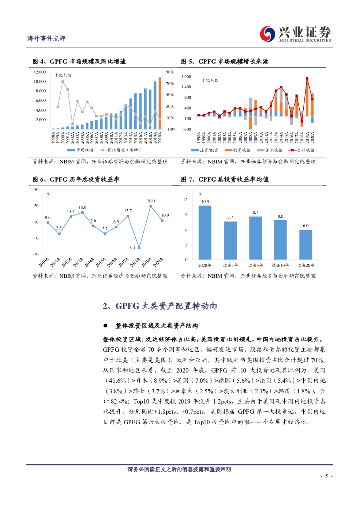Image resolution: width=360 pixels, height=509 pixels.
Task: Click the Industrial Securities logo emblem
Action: [270, 33]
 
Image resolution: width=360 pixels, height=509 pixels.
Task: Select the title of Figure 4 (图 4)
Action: [79, 61]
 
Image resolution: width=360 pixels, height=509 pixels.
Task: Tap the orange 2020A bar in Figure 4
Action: [160, 103]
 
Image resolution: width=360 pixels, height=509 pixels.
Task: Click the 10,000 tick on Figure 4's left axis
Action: [39, 82]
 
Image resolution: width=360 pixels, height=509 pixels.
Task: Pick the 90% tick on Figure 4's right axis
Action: [170, 72]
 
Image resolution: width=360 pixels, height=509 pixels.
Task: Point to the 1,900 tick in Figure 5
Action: [186, 77]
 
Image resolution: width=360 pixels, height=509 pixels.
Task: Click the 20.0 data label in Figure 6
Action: [151, 201]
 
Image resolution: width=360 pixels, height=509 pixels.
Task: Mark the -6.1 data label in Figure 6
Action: [132, 247]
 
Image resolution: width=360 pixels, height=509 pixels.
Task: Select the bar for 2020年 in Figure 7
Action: [205, 232]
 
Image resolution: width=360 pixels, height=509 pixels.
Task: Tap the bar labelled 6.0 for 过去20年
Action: [305, 245]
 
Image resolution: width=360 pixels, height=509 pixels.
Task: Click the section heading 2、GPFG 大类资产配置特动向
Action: [160, 305]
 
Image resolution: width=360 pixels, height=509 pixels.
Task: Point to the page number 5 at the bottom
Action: [326, 476]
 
